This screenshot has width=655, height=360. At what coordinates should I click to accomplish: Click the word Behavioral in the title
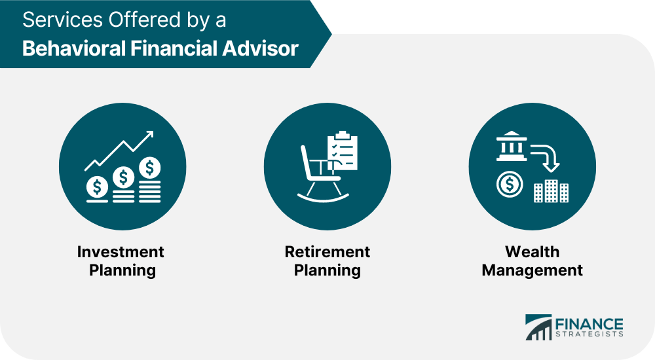(68, 48)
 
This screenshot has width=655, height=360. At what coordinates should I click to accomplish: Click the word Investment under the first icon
(121, 252)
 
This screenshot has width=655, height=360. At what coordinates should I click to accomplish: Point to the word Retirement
(327, 252)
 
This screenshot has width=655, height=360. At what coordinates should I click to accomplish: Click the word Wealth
(532, 252)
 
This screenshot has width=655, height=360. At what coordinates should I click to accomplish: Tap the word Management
(532, 270)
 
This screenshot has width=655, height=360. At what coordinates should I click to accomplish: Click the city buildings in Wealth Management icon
(551, 190)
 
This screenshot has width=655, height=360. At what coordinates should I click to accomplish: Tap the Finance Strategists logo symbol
(539, 327)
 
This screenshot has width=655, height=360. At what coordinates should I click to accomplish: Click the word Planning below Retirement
(327, 270)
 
